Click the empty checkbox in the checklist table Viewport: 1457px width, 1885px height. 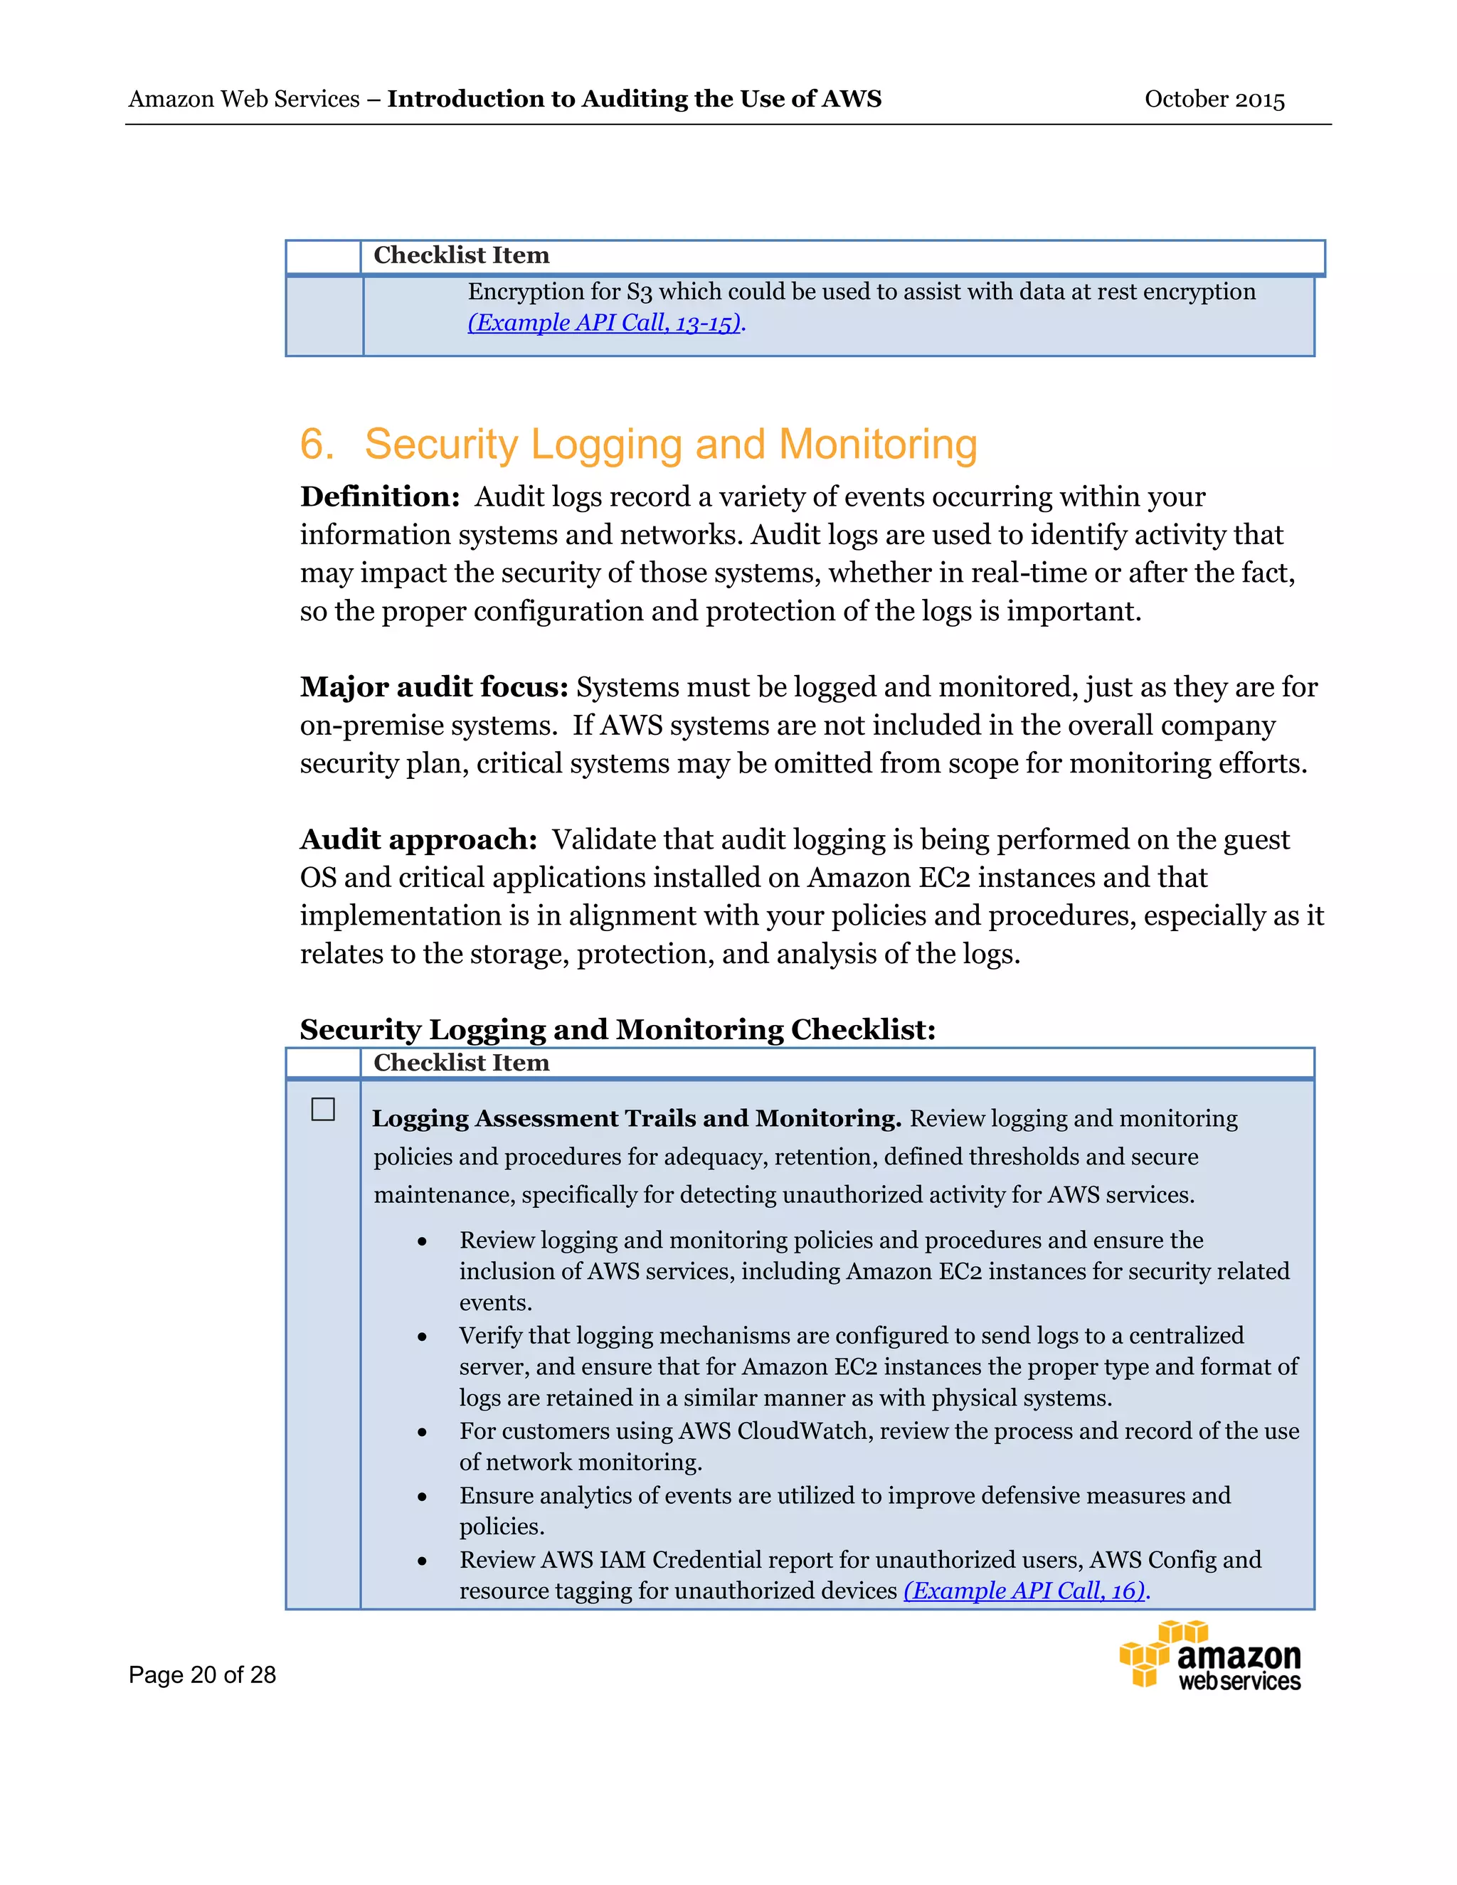pos(323,1109)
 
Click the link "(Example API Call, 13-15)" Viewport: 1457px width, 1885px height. pos(604,323)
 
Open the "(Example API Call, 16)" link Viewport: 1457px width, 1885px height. pos(1024,1591)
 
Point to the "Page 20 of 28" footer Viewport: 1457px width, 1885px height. pos(202,1675)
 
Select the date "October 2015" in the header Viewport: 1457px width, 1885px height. pos(1214,100)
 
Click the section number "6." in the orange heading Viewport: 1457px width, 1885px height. pos(316,445)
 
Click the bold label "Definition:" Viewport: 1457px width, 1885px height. pos(380,497)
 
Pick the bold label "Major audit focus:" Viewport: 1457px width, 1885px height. pos(434,687)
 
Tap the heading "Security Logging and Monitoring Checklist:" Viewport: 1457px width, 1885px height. pos(617,1030)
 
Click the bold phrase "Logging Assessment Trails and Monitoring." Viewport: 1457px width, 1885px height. pos(636,1119)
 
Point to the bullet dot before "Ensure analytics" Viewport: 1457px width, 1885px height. pos(422,1497)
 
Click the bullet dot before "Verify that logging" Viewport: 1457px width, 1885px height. pos(422,1337)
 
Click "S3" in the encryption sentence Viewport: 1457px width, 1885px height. pos(640,292)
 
